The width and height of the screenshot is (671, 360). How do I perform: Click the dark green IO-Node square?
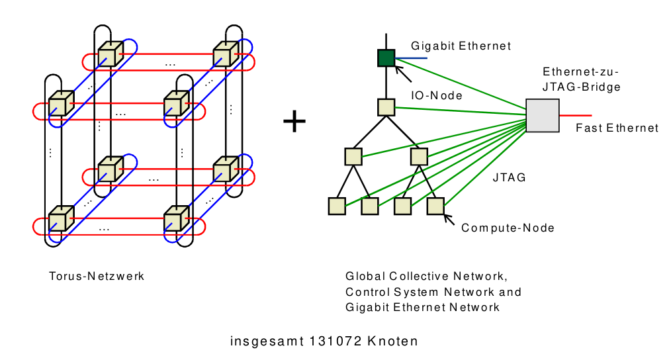pos(386,58)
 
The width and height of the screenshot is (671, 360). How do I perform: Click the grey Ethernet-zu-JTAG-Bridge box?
pos(543,115)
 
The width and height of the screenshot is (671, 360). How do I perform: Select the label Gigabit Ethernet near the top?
pos(461,46)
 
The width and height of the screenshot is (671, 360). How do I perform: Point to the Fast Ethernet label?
pos(617,128)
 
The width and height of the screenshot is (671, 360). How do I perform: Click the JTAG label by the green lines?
pos(510,177)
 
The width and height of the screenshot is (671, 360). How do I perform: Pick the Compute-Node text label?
pos(508,228)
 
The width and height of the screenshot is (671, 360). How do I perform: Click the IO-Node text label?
pos(437,95)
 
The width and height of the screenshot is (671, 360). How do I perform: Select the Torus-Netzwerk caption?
pos(97,276)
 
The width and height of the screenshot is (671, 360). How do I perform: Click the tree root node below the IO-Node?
pos(386,107)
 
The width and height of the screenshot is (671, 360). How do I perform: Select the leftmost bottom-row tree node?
pos(337,206)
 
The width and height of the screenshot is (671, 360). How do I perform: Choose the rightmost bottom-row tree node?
pos(435,206)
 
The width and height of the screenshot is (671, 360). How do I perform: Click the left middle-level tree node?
pos(353,157)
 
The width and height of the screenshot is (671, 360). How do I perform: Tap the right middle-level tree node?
pos(419,157)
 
